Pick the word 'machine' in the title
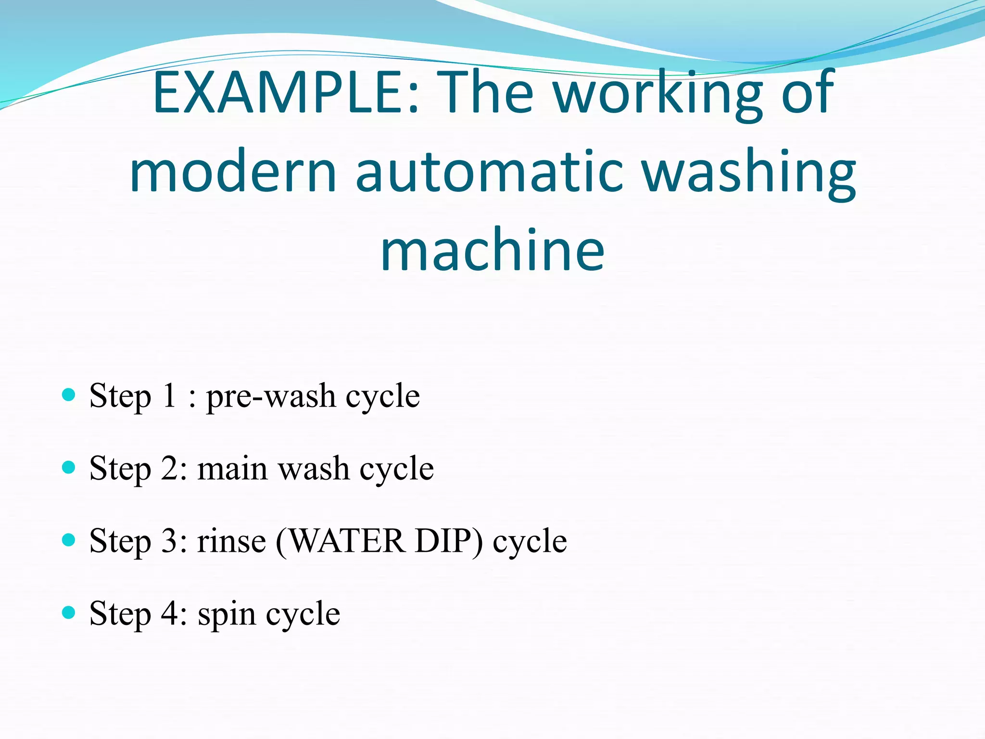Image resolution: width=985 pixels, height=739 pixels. pyautogui.click(x=492, y=250)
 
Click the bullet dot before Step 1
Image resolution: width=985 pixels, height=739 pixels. pyautogui.click(x=69, y=395)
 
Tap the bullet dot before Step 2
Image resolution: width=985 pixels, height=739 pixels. pyautogui.click(x=69, y=467)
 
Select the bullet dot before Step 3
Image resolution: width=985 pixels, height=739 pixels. pyautogui.click(x=69, y=540)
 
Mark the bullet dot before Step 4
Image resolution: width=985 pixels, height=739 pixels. pyautogui.click(x=69, y=612)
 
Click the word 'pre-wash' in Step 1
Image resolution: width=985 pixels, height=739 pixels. pyautogui.click(x=271, y=396)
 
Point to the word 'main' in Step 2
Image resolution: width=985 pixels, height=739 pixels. pyautogui.click(x=232, y=469)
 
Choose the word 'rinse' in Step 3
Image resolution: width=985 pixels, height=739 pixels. pyautogui.click(x=231, y=541)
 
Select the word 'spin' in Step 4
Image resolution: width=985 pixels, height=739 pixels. pyautogui.click(x=227, y=614)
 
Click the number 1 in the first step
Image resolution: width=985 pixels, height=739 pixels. pyautogui.click(x=169, y=395)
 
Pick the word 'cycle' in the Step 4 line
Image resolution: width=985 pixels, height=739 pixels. pyautogui.click(x=303, y=614)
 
